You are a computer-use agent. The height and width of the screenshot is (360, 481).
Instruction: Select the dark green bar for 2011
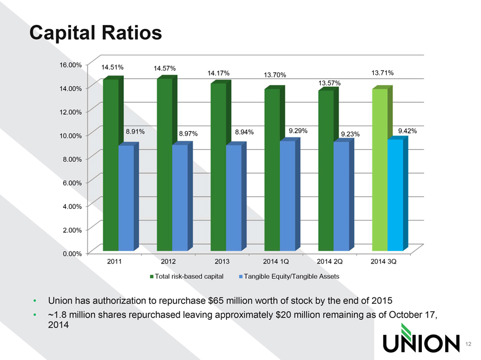coord(111,165)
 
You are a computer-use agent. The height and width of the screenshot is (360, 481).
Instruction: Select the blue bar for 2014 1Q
coord(287,195)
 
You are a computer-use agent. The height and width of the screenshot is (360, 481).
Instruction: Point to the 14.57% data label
coord(165,69)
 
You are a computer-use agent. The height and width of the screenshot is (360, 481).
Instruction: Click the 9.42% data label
coord(408,131)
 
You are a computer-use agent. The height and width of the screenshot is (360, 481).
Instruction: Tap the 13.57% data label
coord(329,83)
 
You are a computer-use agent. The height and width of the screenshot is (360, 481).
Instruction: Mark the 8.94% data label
coord(244,132)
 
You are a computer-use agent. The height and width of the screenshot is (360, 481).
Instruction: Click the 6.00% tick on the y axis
coord(72,182)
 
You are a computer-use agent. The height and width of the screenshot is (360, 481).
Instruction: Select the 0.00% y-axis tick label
coord(72,253)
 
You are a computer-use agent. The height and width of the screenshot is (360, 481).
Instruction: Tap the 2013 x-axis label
coord(222,262)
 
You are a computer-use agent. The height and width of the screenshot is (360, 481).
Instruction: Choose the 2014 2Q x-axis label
coord(331,262)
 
